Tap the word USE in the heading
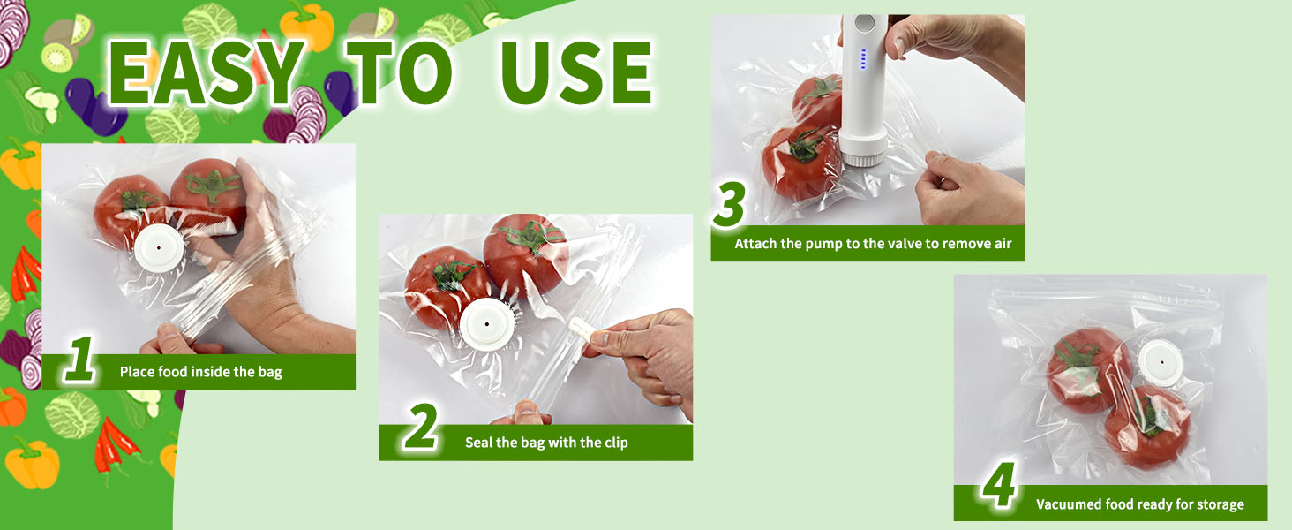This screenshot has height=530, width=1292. [576, 72]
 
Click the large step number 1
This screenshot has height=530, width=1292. [79, 360]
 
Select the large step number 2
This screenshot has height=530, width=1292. [420, 427]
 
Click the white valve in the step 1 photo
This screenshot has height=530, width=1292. [160, 247]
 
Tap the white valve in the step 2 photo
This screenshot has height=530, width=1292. [487, 324]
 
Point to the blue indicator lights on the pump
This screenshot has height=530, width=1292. [863, 59]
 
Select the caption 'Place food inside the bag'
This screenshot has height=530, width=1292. [200, 372]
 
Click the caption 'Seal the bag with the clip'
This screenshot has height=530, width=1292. [546, 443]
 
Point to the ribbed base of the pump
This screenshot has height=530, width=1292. [862, 149]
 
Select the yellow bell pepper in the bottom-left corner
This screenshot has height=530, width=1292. [33, 462]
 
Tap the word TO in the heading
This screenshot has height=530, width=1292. [399, 72]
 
